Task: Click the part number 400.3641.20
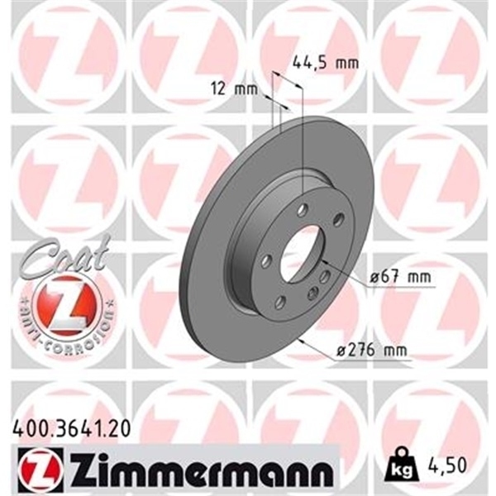point(72,427)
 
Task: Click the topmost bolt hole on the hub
point(304,210)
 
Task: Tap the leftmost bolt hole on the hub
point(266,260)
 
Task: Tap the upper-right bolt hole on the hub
point(337,219)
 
